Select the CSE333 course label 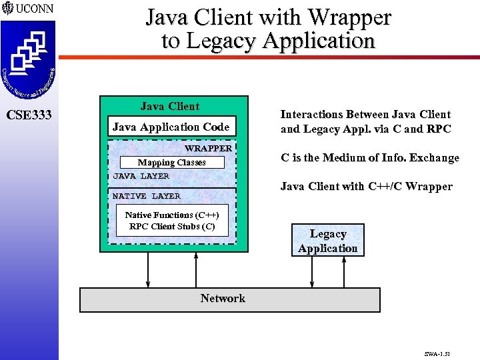point(29,115)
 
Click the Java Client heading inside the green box point(170,107)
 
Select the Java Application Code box point(171,127)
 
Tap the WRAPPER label point(208,148)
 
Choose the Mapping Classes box point(171,163)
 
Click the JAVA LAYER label point(141,176)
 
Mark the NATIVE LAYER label point(147,196)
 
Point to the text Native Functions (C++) point(172,215)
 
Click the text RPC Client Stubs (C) point(172,226)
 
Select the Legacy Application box point(327,241)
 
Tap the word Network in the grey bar point(223,299)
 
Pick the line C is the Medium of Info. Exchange point(370,158)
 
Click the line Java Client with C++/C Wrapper point(366,186)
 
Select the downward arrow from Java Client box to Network point(148,270)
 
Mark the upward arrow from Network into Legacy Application point(343,273)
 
